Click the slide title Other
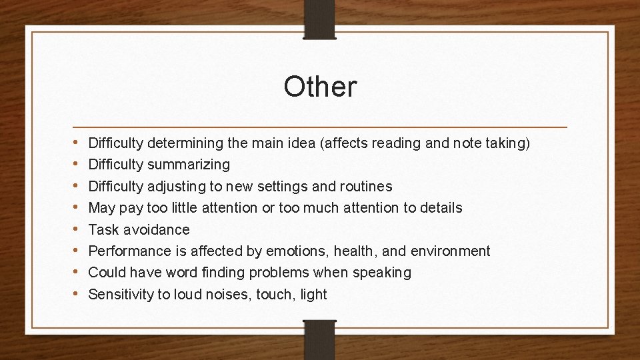320,87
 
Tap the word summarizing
189,164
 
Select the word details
441,208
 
